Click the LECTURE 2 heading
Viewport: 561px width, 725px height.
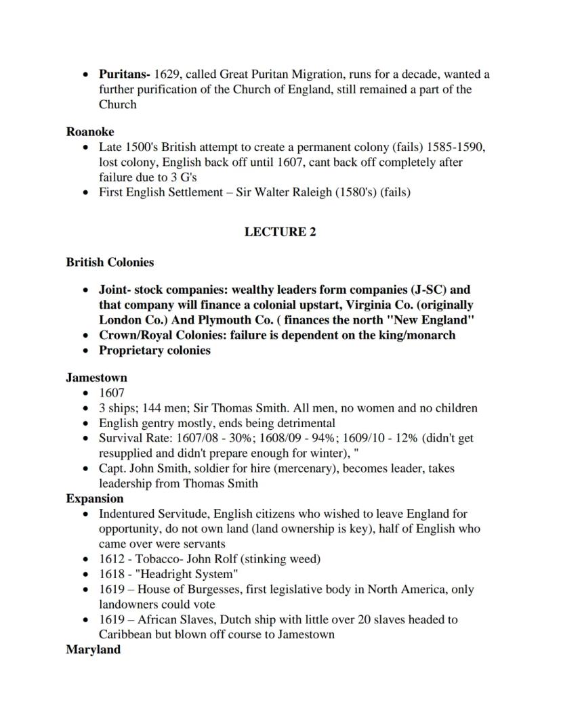(280, 232)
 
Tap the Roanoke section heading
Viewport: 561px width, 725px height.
(90, 132)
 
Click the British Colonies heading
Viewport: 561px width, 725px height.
(110, 263)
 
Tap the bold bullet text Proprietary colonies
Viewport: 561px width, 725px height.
(154, 351)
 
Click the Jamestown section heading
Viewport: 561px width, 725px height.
(96, 378)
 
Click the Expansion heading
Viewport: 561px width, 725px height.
(95, 499)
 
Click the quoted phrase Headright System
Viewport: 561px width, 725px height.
(186, 574)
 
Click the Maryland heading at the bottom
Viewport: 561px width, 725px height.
(93, 650)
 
